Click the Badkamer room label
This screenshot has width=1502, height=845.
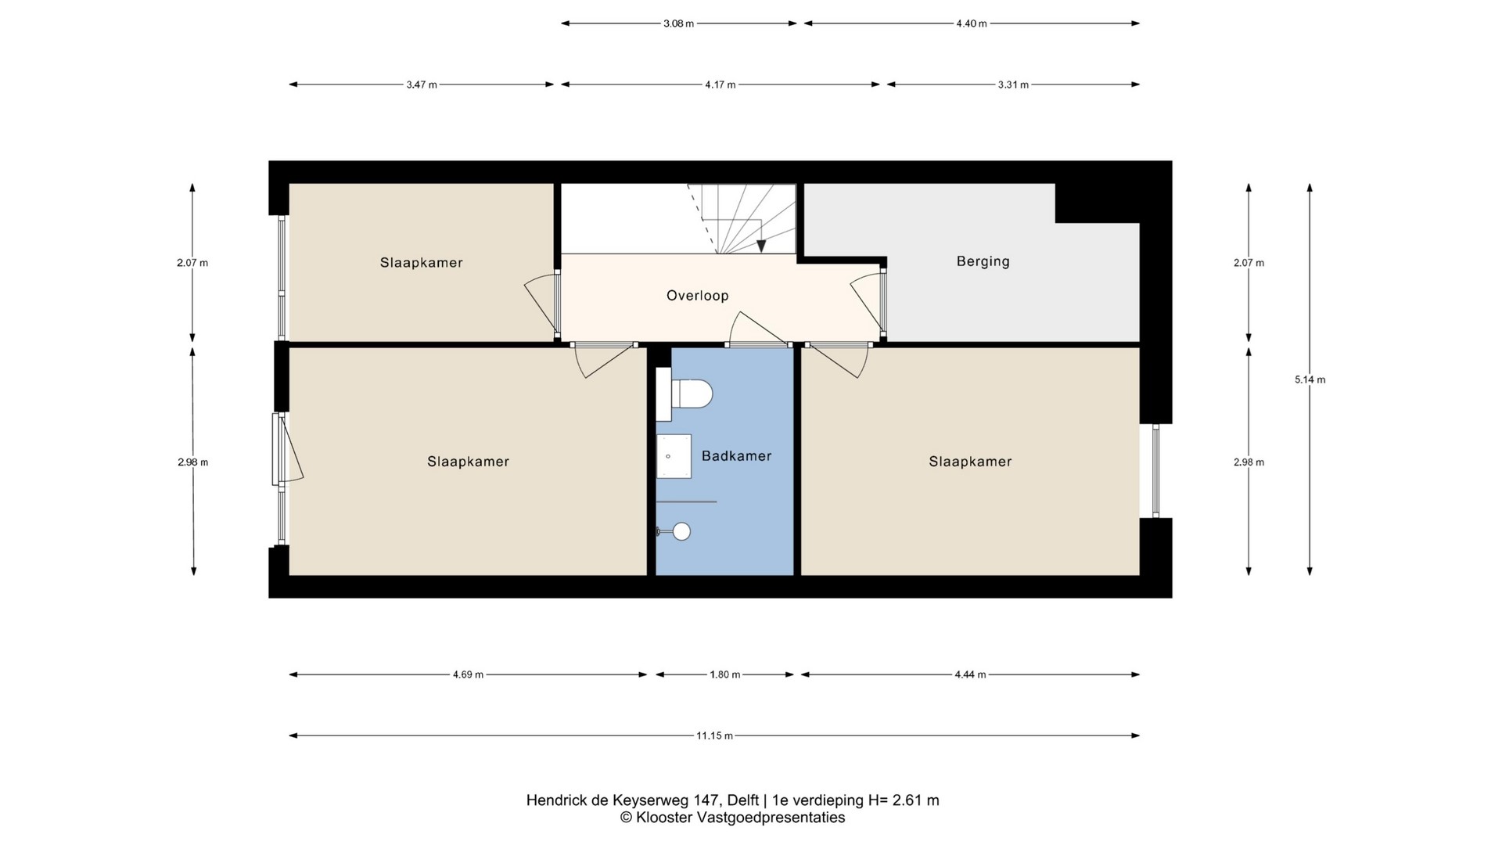point(736,456)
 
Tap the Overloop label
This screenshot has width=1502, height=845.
point(697,296)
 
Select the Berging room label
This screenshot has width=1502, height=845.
point(983,261)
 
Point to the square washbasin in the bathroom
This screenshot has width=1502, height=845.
point(674,456)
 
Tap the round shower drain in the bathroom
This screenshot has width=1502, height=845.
point(681,531)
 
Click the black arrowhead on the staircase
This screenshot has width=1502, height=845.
point(761,245)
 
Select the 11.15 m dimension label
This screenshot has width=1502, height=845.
point(714,735)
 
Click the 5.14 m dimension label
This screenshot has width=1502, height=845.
point(1310,380)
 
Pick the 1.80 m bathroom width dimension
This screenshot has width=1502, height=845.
point(724,674)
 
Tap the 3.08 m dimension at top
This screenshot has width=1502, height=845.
point(678,23)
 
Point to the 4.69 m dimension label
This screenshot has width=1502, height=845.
point(468,674)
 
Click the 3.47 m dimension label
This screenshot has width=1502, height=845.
point(421,84)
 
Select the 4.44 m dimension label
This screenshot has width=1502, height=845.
point(970,674)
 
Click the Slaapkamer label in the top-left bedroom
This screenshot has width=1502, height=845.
point(421,263)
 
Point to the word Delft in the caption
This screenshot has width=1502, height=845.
point(742,800)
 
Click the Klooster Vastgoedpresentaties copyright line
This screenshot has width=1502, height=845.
point(732,818)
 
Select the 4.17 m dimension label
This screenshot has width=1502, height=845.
point(720,84)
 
